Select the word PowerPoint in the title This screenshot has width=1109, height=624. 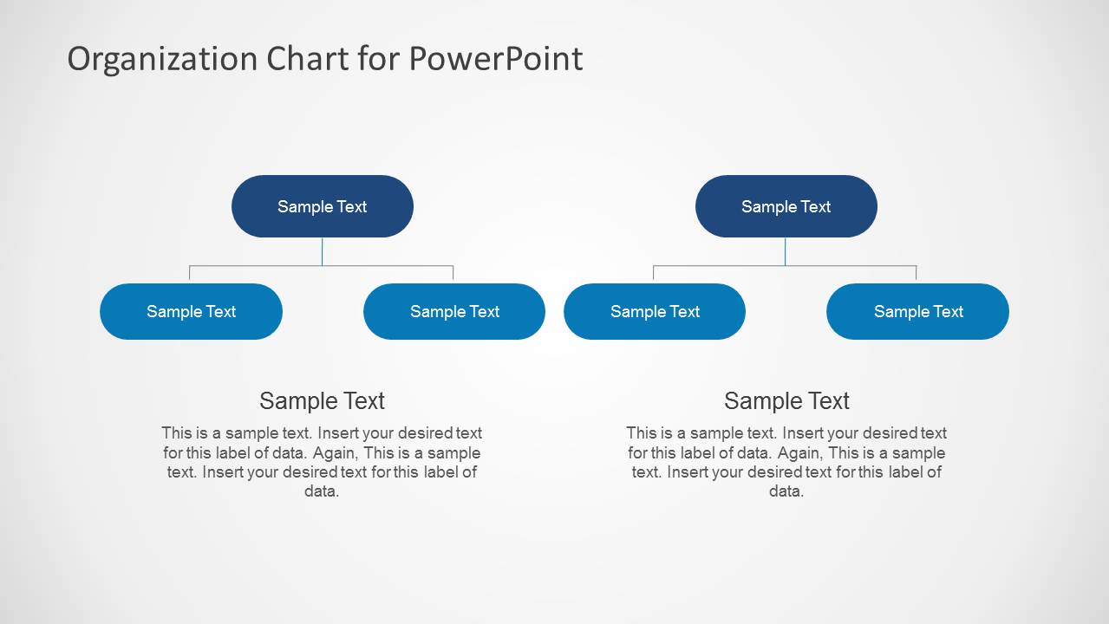click(495, 59)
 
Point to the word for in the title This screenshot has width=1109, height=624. click(378, 59)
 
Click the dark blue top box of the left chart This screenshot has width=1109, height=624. click(322, 206)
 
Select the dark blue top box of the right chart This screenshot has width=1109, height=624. click(786, 206)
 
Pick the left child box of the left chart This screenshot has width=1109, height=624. click(191, 311)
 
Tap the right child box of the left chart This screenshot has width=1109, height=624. click(454, 311)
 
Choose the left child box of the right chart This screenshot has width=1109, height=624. click(655, 311)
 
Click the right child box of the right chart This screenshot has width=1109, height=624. click(917, 311)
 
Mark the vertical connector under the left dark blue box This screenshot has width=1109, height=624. click(322, 251)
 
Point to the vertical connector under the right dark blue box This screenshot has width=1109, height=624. click(786, 251)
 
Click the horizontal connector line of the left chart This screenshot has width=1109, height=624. click(260, 266)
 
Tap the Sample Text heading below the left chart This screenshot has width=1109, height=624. click(322, 400)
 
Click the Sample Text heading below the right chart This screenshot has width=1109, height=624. click(786, 400)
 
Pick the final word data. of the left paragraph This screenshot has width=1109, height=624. click(322, 491)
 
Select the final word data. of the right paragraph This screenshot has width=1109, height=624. click(786, 491)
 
